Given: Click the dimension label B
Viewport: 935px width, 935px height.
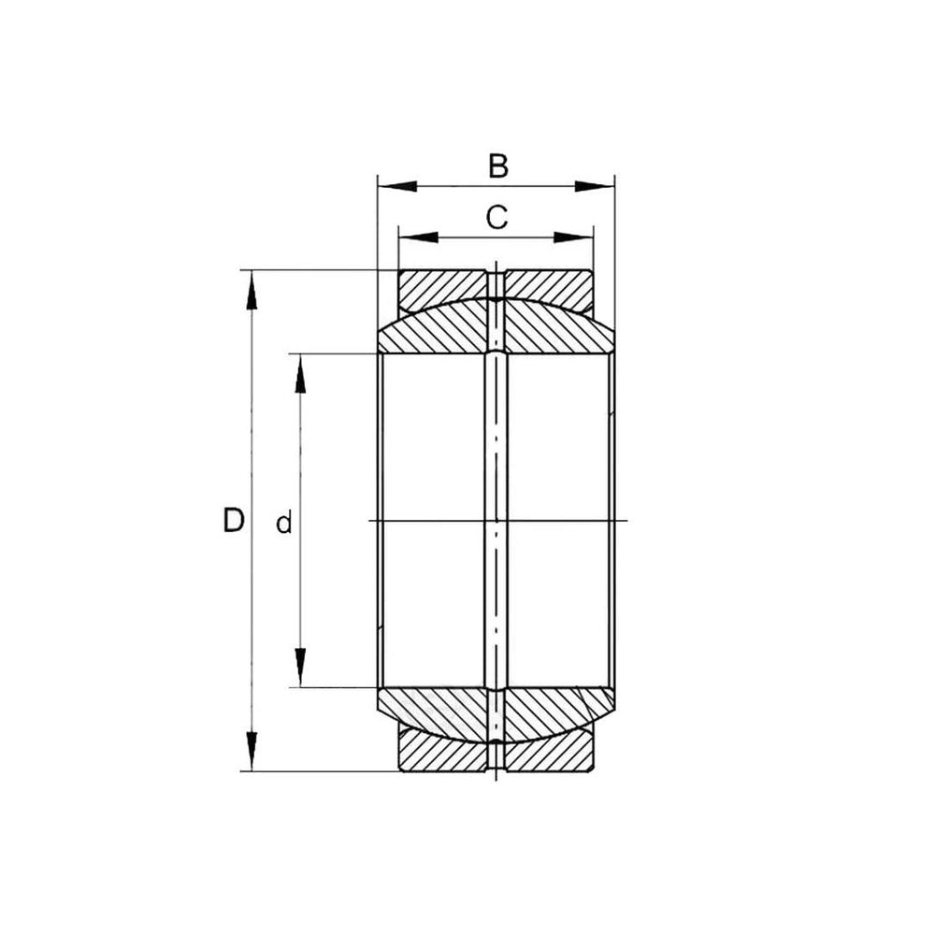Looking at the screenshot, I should click(498, 165).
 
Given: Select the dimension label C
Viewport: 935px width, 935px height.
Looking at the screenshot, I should click(496, 217).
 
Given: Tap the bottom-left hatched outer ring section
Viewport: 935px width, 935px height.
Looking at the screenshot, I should click(439, 754).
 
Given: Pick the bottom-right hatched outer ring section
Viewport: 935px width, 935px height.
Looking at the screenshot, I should click(552, 754).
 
